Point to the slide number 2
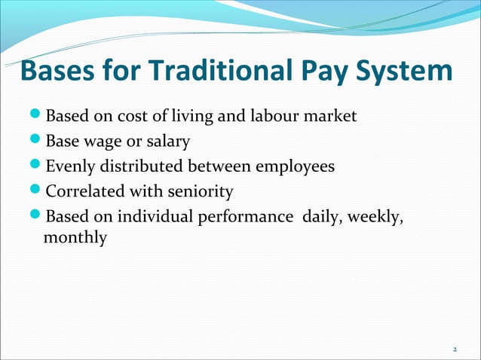[x=455, y=349]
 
